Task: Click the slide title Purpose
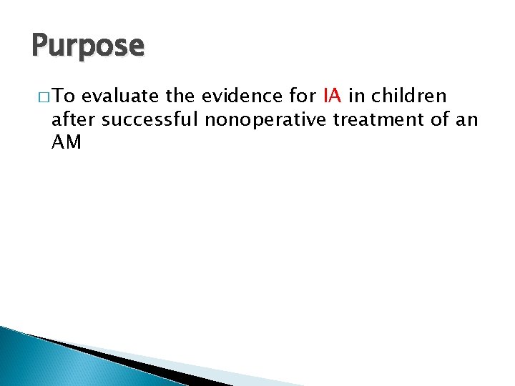tap(88, 46)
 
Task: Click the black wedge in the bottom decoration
tap(143, 365)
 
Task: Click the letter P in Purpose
tap(39, 46)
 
